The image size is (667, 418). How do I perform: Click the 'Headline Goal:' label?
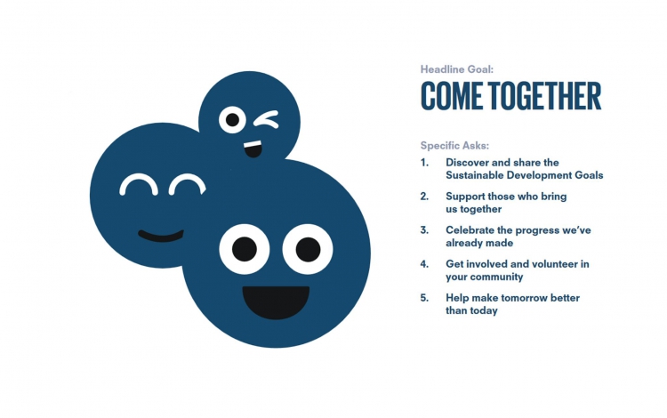(x=457, y=69)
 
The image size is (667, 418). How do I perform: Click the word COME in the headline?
(x=452, y=96)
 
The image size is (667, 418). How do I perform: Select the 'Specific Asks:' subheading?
(x=454, y=146)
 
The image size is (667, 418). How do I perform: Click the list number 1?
(x=424, y=163)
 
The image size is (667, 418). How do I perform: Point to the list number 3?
(x=424, y=230)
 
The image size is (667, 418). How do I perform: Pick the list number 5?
(x=424, y=298)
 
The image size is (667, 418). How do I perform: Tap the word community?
(x=496, y=277)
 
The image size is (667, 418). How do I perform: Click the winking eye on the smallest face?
(x=266, y=119)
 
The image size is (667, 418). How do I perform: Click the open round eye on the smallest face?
(x=232, y=119)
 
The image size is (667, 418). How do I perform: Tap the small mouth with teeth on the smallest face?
(x=253, y=149)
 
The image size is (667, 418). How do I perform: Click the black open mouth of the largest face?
(x=276, y=301)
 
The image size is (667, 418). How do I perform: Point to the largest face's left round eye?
(x=245, y=249)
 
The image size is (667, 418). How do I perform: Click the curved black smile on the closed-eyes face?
(x=161, y=237)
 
